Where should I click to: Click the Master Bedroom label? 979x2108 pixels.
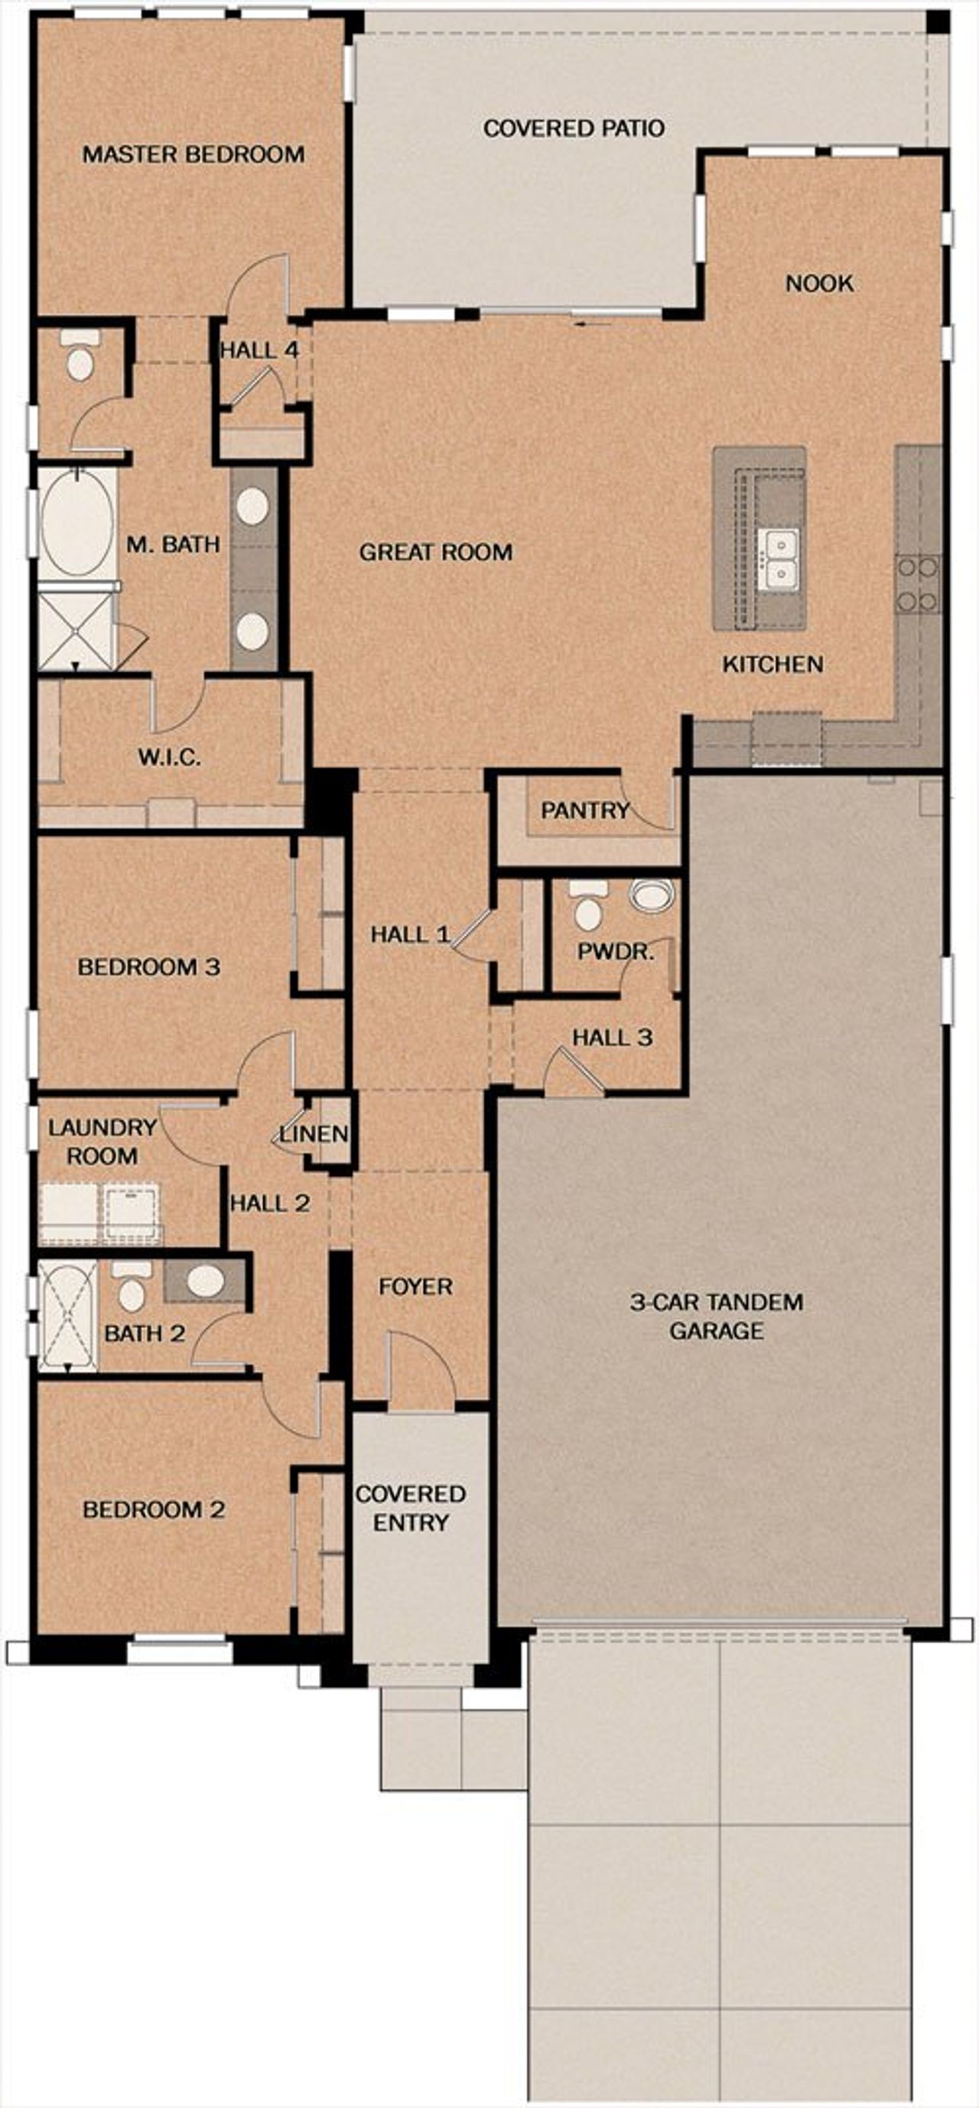click(x=194, y=154)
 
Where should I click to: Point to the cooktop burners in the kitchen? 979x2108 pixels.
click(x=918, y=583)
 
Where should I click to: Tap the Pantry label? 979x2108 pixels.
click(x=584, y=810)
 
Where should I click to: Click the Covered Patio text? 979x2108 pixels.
click(x=573, y=128)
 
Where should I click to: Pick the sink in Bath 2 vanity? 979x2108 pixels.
click(x=206, y=1280)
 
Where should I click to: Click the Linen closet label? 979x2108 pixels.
click(x=314, y=1134)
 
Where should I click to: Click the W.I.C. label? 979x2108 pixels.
click(x=168, y=757)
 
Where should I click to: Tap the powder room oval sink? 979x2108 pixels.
click(x=652, y=895)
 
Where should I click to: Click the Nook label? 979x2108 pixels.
click(x=818, y=283)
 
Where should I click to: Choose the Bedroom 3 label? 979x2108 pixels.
click(x=148, y=966)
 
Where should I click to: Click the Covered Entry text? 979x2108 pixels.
click(x=410, y=1507)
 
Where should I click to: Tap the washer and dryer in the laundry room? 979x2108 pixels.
click(x=99, y=1212)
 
